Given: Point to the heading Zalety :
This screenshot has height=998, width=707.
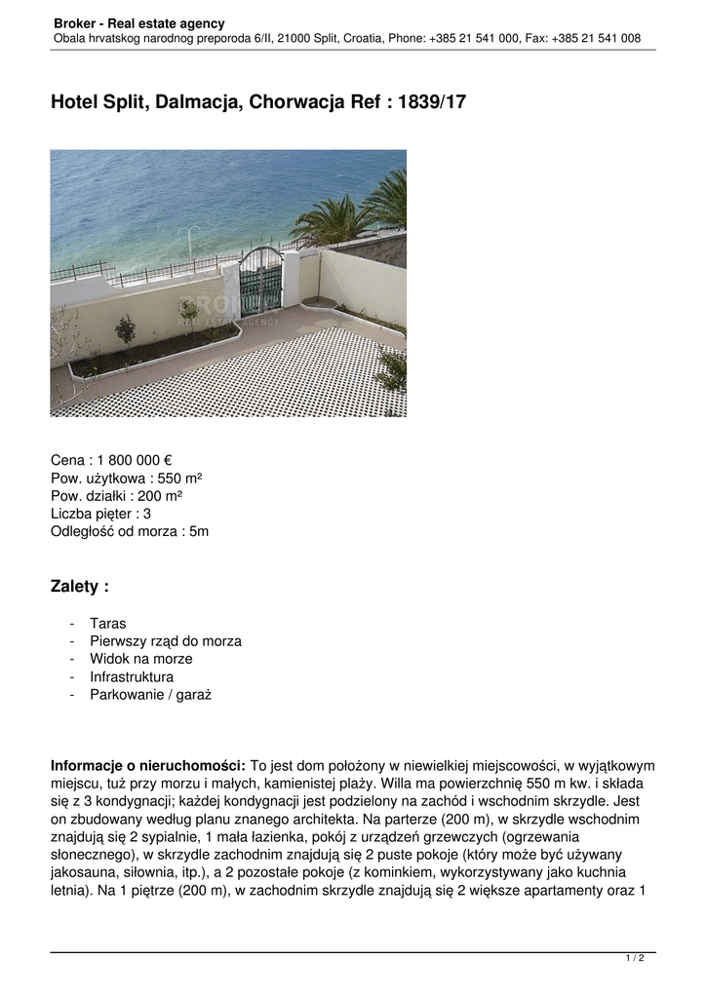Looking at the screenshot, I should tap(79, 587).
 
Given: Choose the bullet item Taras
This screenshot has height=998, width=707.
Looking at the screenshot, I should tap(107, 623).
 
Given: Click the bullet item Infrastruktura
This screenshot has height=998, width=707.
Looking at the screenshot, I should tap(132, 676).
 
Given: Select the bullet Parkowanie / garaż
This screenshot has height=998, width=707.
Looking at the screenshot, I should tap(150, 695).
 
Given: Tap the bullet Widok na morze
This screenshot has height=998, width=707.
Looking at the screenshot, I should tap(140, 659).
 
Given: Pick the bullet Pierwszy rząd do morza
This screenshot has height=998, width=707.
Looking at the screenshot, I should tap(165, 641).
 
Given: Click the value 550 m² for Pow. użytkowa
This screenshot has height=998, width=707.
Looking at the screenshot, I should tap(179, 479).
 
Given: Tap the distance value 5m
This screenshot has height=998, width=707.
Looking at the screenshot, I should tap(199, 532).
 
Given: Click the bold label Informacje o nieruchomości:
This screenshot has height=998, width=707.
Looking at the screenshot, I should tap(148, 766).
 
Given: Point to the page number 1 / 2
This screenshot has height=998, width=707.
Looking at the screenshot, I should tap(634, 959).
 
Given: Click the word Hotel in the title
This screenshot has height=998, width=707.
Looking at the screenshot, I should tap(74, 101).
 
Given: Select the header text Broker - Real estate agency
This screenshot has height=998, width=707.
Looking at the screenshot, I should tap(138, 22).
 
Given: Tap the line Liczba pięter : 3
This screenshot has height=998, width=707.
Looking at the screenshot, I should tap(100, 514).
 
